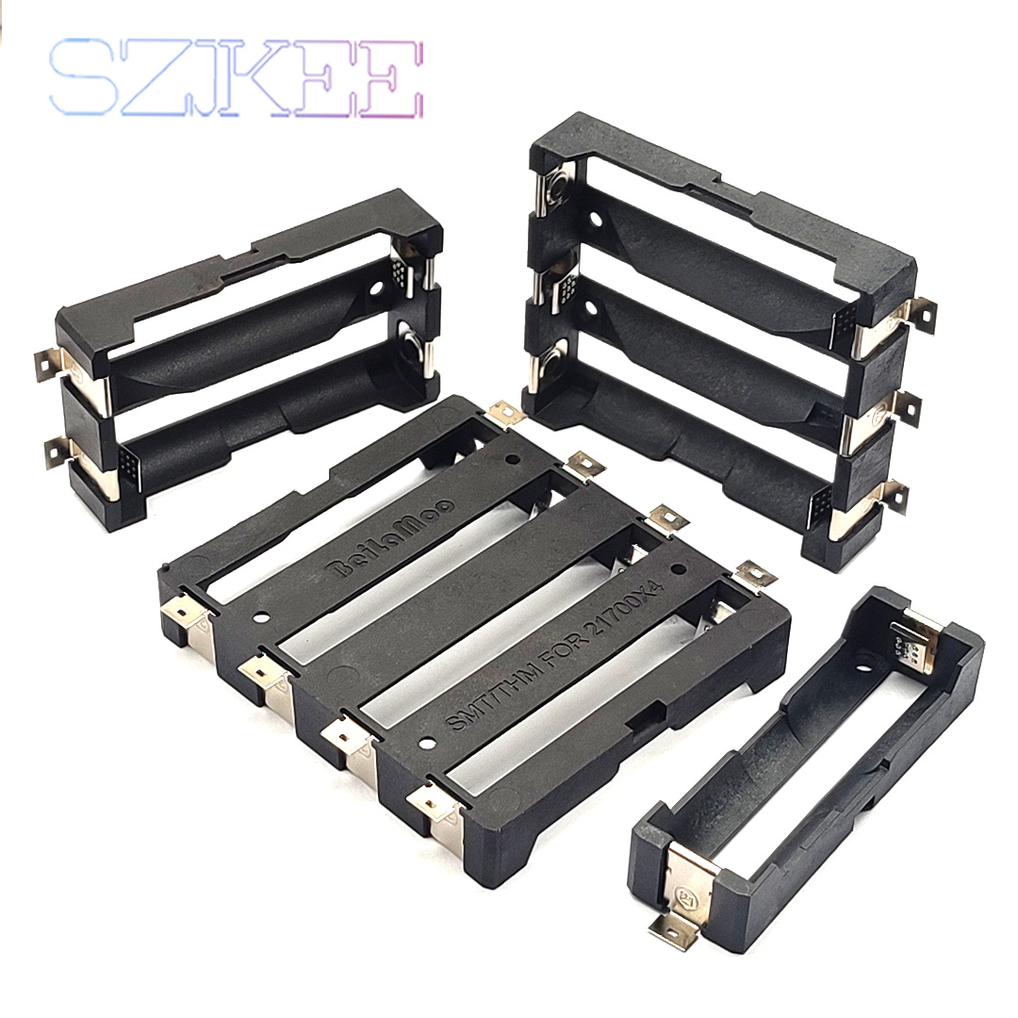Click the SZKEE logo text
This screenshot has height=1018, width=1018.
pyautogui.click(x=236, y=77)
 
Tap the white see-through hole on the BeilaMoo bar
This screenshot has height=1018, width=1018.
pyautogui.click(x=261, y=618)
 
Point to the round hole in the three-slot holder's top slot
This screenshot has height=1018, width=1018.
pyautogui.click(x=595, y=223)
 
